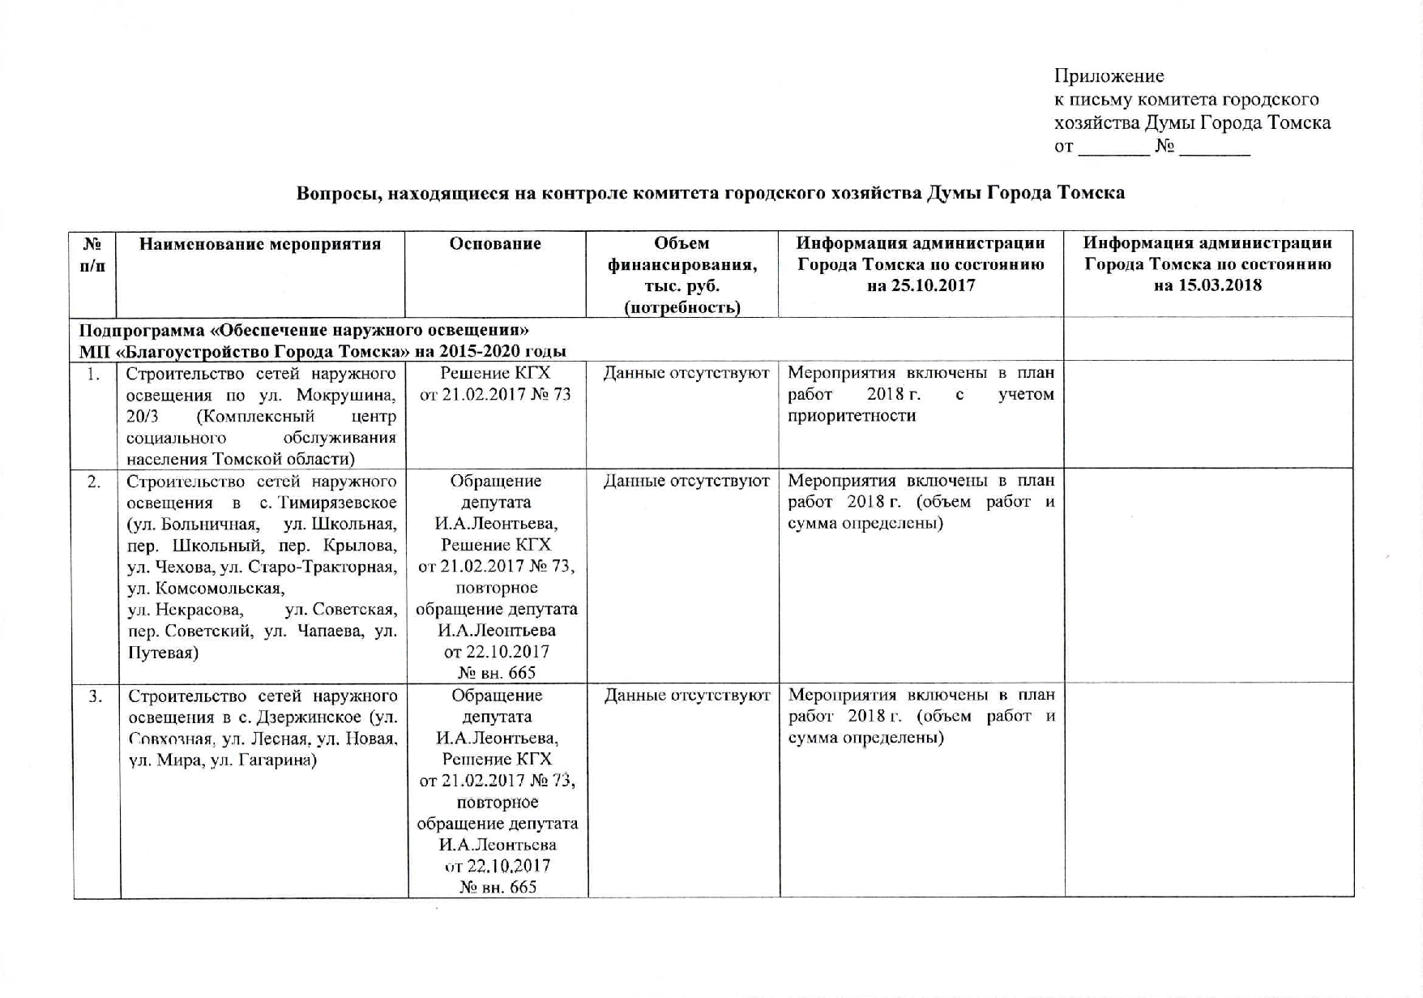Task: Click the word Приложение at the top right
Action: tap(1109, 76)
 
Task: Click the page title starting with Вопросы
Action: tap(710, 193)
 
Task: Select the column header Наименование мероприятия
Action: tap(260, 244)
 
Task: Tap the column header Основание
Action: tap(495, 244)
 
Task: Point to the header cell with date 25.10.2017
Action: tap(921, 264)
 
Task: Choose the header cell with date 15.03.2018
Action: tap(1207, 264)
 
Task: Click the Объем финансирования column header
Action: tap(682, 275)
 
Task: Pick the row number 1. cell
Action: tap(95, 375)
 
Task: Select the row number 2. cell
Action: tap(95, 482)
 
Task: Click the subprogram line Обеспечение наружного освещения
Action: tap(304, 330)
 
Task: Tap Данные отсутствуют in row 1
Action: tap(686, 374)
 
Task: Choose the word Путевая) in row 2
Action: tap(163, 653)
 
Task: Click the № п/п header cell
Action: tap(93, 254)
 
